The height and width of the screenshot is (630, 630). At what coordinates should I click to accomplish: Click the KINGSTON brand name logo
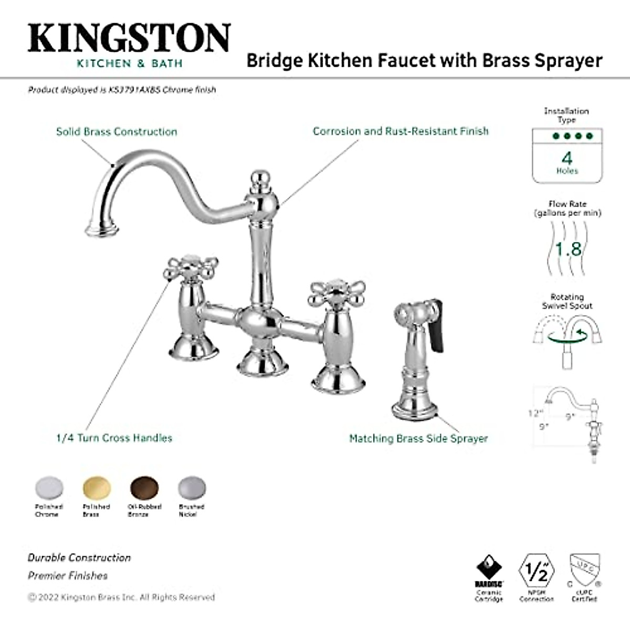[x=129, y=38]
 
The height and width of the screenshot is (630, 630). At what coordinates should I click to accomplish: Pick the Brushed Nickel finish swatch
[x=192, y=488]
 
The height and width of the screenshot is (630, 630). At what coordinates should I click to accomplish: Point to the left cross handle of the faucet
[x=183, y=268]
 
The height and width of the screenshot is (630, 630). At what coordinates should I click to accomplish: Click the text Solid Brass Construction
[x=117, y=131]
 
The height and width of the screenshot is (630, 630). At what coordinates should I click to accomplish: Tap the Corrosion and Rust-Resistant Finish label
[x=401, y=131]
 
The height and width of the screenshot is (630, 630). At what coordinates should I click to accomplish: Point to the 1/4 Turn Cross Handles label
[x=114, y=438]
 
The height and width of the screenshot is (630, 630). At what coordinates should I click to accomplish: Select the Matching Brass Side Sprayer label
[x=418, y=438]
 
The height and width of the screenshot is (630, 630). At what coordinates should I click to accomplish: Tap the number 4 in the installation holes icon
[x=567, y=157]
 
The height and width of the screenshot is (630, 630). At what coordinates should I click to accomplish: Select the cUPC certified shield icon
[x=584, y=570]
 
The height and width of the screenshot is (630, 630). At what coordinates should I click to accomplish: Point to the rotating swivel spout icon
[x=568, y=334]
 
